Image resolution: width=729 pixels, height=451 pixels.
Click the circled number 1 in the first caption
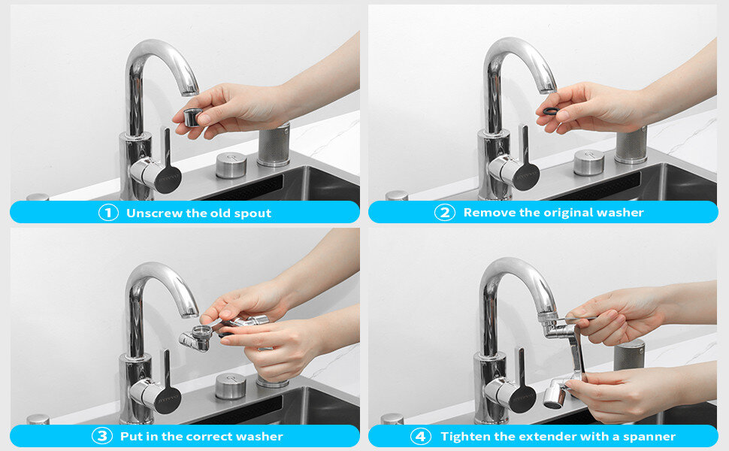[x=108, y=213]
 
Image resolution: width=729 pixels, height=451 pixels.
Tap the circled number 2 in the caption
[x=445, y=213]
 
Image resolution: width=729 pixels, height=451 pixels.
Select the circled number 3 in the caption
[x=102, y=436]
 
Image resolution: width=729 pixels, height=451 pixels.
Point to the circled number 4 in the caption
[x=420, y=437]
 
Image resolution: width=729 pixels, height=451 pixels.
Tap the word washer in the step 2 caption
[x=620, y=213]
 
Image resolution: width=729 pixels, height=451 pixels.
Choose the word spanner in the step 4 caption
[x=649, y=437]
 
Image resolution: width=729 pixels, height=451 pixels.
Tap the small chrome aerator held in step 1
[x=192, y=117]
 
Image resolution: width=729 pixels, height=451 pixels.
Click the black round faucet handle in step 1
[x=168, y=179]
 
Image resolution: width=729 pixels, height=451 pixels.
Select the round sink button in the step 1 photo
[x=231, y=165]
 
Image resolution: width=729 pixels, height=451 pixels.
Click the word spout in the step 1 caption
[x=253, y=213]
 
